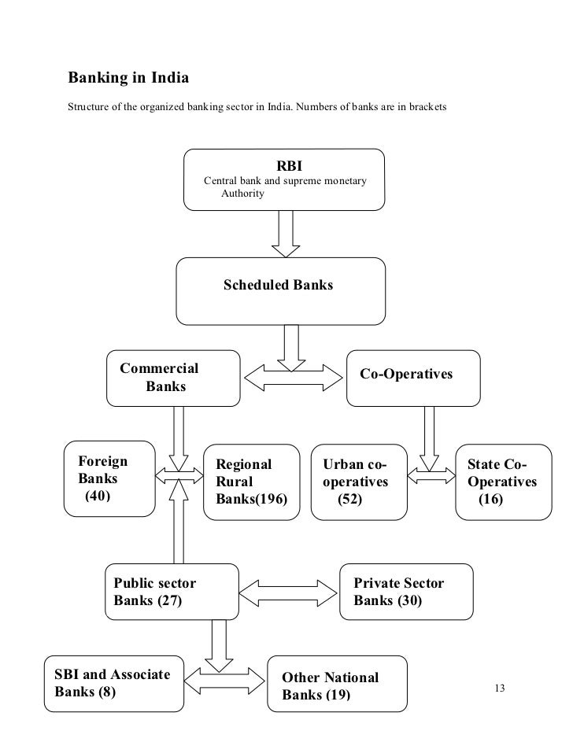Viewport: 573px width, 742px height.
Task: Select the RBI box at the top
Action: pyautogui.click(x=284, y=179)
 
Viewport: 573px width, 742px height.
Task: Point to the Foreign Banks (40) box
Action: pyautogui.click(x=109, y=478)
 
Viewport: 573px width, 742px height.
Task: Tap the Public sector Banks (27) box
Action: pyautogui.click(x=172, y=592)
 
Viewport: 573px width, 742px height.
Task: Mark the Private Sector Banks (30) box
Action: pyautogui.click(x=406, y=592)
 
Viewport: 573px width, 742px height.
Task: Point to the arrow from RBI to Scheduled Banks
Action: pyautogui.click(x=284, y=234)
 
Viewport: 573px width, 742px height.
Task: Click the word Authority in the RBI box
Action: pyautogui.click(x=243, y=193)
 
